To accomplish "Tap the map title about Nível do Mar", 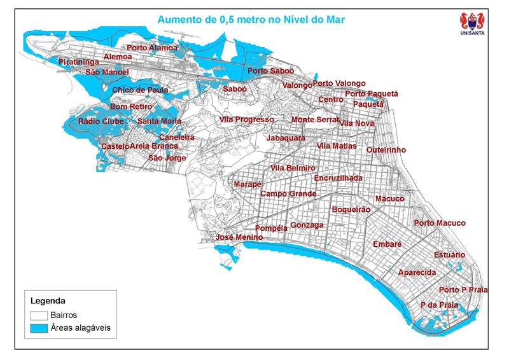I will (x=251, y=20).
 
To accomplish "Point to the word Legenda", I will (x=48, y=300).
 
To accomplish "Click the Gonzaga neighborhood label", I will (x=307, y=225).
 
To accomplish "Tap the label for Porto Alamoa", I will (x=152, y=48).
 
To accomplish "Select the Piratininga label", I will (x=79, y=62).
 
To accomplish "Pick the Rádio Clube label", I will (x=101, y=121).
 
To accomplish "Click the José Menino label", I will (x=239, y=237).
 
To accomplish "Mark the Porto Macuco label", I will (x=440, y=223).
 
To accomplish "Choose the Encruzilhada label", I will (x=338, y=178).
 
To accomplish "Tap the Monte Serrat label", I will (x=316, y=120).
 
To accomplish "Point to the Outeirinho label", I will (x=386, y=150).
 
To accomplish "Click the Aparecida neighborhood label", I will (x=417, y=273).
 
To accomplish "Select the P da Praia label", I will (x=440, y=305).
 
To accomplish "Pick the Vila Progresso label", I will (x=247, y=120).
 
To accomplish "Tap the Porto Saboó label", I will (x=271, y=71).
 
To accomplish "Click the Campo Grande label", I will (x=288, y=193).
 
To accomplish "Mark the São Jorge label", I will (x=167, y=158).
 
